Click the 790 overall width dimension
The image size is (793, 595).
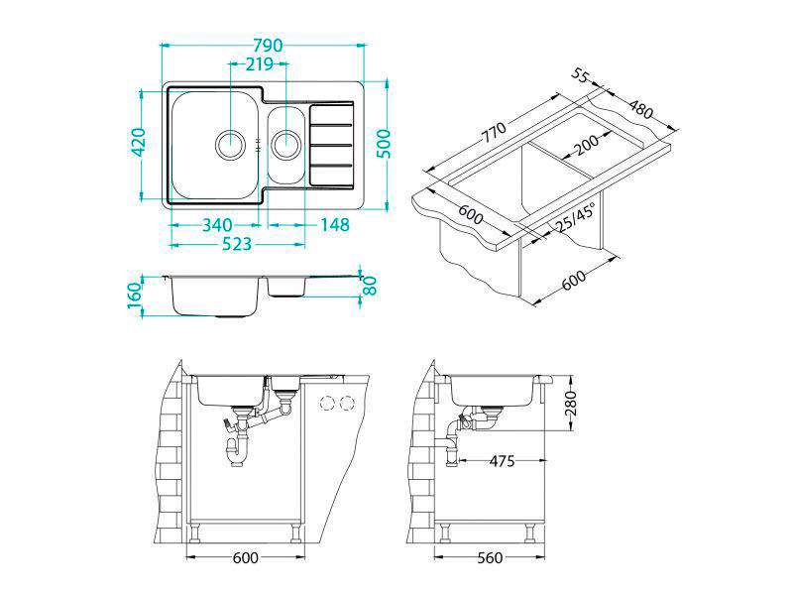268,46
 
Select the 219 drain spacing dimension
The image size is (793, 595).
259,64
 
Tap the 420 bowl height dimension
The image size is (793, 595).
138,143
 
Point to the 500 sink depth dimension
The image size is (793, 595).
384,144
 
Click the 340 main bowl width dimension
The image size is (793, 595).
217,225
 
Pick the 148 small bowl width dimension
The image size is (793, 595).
335,225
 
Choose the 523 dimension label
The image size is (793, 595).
237,244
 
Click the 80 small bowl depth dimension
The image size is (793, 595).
370,286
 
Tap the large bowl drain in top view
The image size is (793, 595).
231,144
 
